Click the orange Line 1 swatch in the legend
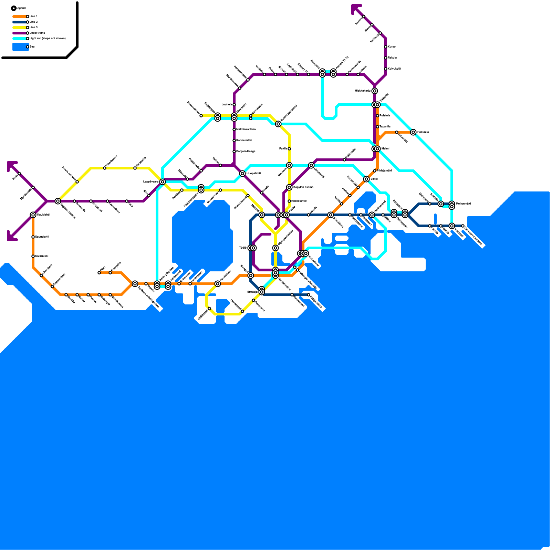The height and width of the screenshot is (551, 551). [20, 17]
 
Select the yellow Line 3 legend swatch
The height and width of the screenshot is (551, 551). [20, 28]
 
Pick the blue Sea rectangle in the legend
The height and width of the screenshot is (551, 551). [20, 47]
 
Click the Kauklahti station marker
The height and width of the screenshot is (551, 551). [33, 215]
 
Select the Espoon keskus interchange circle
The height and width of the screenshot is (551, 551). [58, 201]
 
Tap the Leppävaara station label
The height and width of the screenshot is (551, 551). [151, 181]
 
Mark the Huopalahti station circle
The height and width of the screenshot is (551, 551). [242, 174]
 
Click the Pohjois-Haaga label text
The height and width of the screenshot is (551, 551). [246, 152]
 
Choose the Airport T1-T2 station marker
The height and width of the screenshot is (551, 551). [333, 73]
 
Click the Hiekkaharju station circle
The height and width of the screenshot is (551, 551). [375, 91]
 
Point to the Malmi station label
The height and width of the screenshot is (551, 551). [385, 149]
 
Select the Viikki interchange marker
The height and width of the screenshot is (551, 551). [366, 179]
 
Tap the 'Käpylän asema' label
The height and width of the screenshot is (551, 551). [303, 187]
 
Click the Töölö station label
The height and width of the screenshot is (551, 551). [242, 248]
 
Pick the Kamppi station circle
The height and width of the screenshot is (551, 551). [251, 275]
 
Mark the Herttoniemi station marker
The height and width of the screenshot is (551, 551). [372, 215]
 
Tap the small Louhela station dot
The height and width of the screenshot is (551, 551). [234, 105]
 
